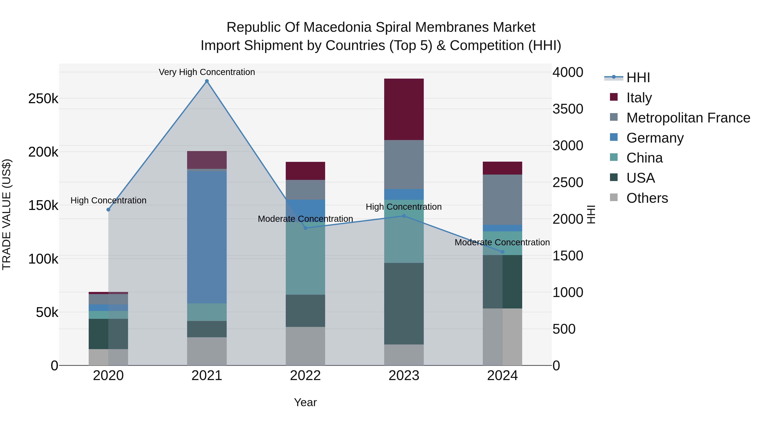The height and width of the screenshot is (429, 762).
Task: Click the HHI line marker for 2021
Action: [x=207, y=81]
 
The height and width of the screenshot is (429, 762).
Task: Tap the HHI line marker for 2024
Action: [x=502, y=252]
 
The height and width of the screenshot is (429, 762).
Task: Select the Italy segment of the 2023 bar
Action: [x=404, y=109]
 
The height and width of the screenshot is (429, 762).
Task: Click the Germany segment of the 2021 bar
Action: [x=207, y=237]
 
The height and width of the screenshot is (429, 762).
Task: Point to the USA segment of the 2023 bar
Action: [x=404, y=303]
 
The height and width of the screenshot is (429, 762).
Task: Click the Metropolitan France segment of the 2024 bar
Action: [x=502, y=200]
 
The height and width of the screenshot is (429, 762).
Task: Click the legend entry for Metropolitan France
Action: [x=688, y=118]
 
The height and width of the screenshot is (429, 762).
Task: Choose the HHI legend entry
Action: [x=638, y=78]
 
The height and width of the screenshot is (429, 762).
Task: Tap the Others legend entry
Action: [x=647, y=198]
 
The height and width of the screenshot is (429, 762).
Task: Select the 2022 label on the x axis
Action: [x=305, y=376]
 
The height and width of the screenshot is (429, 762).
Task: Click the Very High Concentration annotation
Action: [x=207, y=72]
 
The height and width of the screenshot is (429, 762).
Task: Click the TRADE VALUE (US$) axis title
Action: [x=7, y=214]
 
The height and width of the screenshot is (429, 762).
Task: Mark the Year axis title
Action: [x=305, y=402]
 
